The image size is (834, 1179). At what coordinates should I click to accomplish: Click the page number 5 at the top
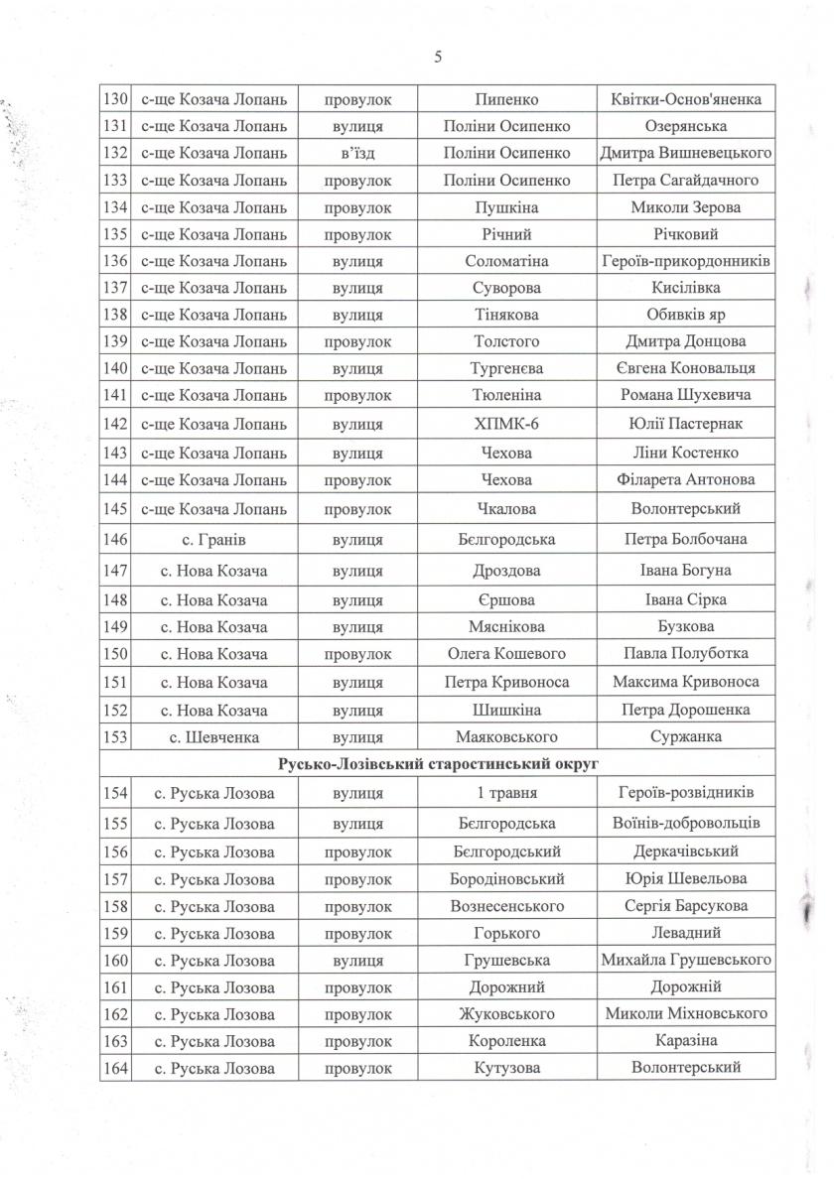click(438, 57)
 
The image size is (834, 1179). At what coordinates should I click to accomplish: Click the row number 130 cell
click(116, 100)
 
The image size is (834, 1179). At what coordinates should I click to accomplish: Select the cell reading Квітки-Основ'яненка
click(686, 100)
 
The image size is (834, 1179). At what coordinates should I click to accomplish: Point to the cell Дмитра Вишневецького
click(686, 153)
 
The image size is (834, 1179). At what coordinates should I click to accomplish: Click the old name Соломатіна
click(506, 261)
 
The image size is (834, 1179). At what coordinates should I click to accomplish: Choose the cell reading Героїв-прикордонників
click(686, 261)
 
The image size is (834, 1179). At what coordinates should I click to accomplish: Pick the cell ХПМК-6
click(506, 425)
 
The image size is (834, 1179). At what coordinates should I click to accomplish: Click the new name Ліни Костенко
click(686, 453)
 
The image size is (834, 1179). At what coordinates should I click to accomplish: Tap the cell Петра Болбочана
click(686, 540)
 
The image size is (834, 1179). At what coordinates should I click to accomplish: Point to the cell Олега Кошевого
click(506, 654)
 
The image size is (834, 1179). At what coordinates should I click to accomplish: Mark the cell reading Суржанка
click(686, 737)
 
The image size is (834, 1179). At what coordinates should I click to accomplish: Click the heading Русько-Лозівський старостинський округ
click(438, 764)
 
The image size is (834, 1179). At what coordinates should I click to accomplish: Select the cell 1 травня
click(506, 793)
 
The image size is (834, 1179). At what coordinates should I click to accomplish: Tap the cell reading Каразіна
click(686, 1041)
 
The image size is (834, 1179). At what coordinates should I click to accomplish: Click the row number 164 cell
click(116, 1069)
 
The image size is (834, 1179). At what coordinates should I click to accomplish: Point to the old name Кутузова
click(506, 1069)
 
